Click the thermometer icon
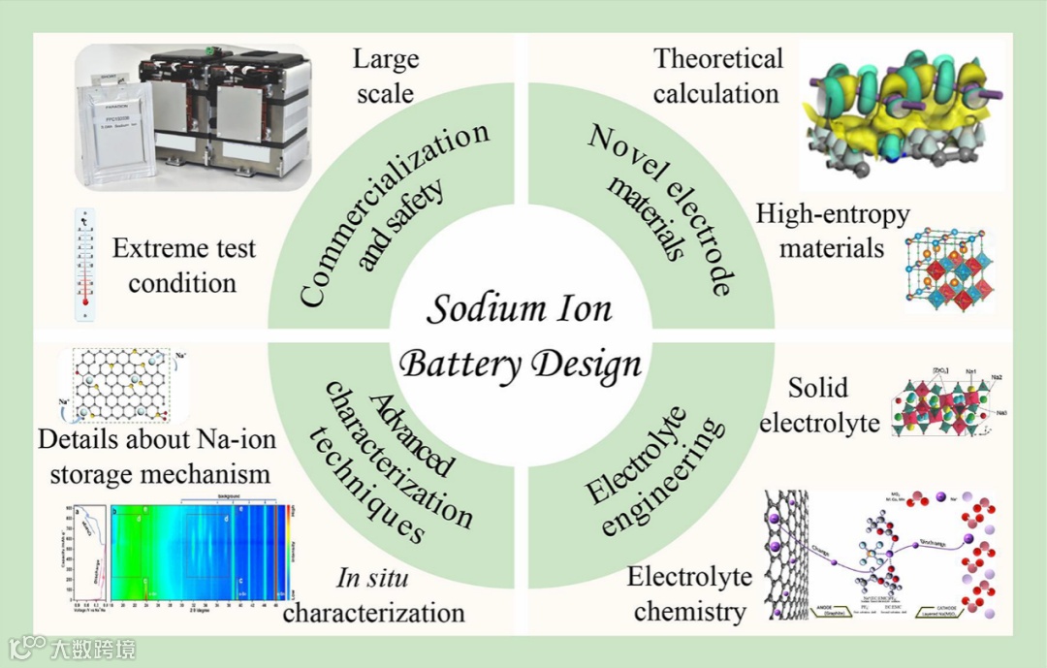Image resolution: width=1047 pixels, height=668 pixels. click(87, 264)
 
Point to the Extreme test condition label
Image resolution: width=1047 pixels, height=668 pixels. click(183, 266)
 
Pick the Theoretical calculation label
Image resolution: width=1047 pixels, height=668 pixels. click(717, 76)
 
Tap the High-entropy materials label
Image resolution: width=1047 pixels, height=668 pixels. click(833, 231)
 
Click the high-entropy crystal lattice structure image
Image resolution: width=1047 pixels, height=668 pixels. click(948, 270)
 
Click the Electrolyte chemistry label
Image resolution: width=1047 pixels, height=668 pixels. click(689, 594)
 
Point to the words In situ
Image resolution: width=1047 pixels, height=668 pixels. click(372, 579)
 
